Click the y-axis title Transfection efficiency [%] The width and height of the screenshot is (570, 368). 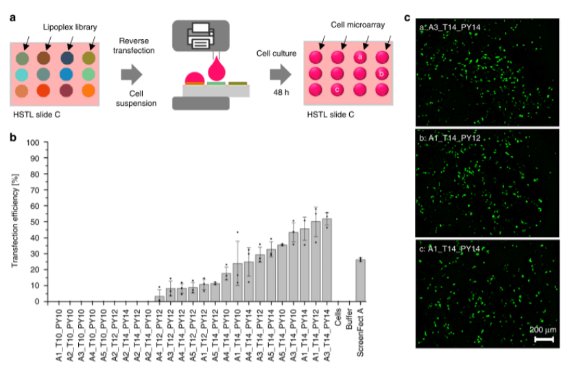tap(14, 222)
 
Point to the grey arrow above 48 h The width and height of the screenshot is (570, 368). tap(277, 73)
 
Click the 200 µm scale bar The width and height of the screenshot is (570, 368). tap(544, 339)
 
